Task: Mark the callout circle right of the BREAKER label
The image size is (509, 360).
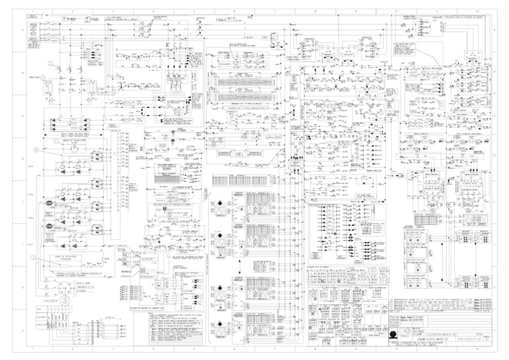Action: pyautogui.click(x=44, y=78)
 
